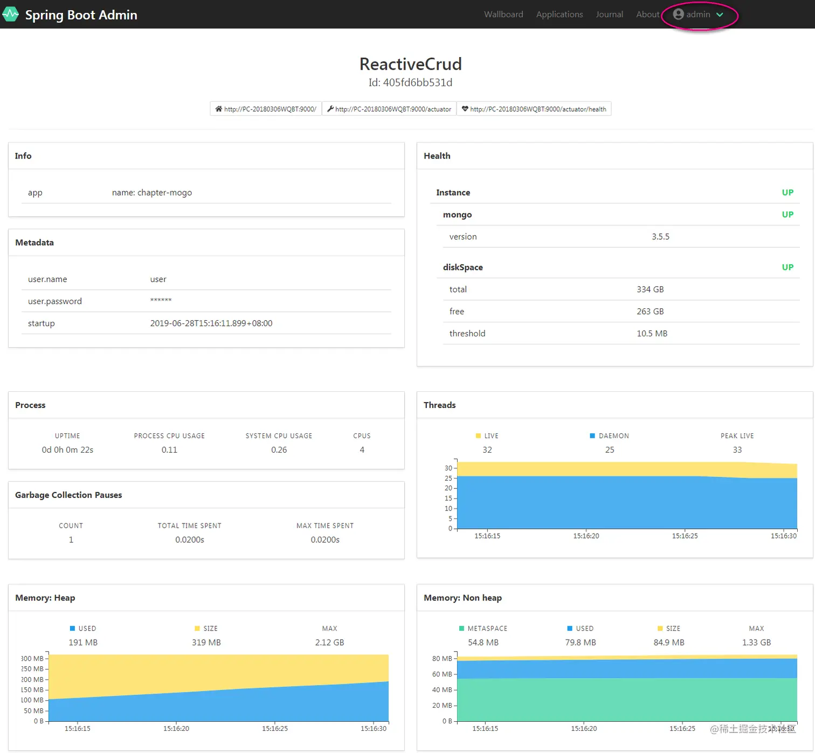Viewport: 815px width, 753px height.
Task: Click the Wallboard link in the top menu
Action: (x=503, y=15)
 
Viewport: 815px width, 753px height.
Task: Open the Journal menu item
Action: (x=609, y=15)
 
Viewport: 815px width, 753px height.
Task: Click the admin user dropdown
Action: (x=699, y=15)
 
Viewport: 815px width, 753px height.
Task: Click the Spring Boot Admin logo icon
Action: (x=11, y=14)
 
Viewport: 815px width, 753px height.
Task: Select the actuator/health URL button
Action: (x=534, y=109)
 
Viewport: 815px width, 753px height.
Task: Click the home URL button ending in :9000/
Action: (x=266, y=109)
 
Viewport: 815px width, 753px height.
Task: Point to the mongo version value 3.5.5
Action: (x=660, y=237)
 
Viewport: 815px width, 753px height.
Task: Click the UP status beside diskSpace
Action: (x=788, y=267)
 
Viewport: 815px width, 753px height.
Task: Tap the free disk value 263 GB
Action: (x=650, y=312)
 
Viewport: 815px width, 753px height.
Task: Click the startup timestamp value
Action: (x=211, y=323)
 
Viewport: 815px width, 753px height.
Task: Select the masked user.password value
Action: (x=161, y=301)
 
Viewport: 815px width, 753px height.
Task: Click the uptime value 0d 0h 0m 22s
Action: (x=67, y=450)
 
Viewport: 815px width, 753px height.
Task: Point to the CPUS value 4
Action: (x=362, y=450)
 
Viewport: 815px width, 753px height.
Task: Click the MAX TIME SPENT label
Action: (x=324, y=526)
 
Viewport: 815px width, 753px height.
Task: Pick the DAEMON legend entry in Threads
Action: (x=610, y=436)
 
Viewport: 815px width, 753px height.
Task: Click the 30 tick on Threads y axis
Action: (x=448, y=468)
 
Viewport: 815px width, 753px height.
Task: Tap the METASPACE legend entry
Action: (x=483, y=628)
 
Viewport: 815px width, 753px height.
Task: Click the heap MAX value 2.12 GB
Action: (x=329, y=643)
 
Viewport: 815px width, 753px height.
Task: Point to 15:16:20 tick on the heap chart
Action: (x=176, y=728)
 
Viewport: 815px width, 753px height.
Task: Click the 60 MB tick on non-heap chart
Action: (x=442, y=674)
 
